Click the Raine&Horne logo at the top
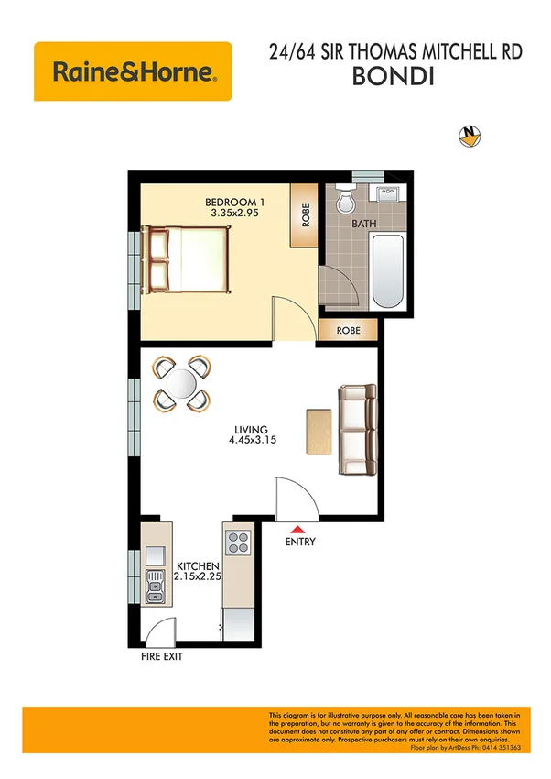(133, 71)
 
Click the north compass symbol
(470, 137)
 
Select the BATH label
(364, 223)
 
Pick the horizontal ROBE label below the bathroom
(347, 330)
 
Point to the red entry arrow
(298, 529)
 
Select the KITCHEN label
(198, 567)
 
